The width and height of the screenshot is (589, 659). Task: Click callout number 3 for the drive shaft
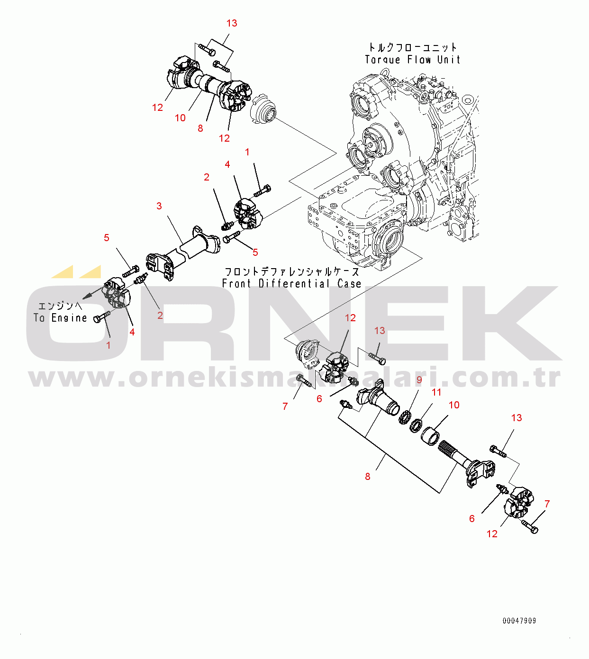coord(159,206)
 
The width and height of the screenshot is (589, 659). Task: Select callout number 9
coord(419,380)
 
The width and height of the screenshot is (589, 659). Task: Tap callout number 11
coord(436,392)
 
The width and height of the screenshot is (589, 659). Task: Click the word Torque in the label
coord(382,60)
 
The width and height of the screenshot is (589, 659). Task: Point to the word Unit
coord(449,60)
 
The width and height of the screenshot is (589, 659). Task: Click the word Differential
coord(294,283)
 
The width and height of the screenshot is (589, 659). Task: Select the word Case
coord(349,283)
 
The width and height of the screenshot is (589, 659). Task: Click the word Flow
coord(419,60)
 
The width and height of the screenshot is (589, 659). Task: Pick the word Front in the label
coord(236,283)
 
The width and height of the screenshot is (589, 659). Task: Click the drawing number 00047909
coord(519,621)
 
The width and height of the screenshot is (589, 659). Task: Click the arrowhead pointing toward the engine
coord(85,298)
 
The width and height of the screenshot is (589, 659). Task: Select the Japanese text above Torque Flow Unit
coord(413,47)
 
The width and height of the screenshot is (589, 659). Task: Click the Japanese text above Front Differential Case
coord(291,272)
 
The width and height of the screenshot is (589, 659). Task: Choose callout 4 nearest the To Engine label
coord(132,332)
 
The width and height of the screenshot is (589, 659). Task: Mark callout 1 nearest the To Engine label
coord(109,345)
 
